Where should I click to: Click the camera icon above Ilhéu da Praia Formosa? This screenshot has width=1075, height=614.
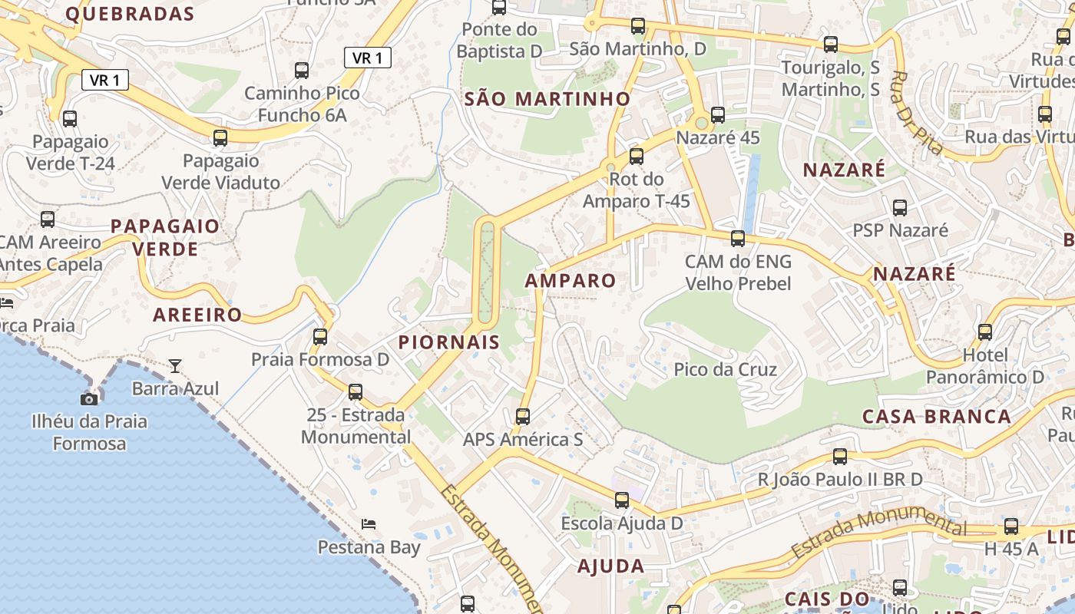(x=89, y=399)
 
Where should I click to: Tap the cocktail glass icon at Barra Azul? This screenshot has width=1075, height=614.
(x=175, y=366)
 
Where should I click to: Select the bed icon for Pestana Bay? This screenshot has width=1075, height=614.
(x=369, y=524)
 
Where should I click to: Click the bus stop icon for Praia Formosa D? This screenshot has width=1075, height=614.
(x=320, y=336)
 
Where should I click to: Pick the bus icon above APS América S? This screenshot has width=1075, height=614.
(x=523, y=417)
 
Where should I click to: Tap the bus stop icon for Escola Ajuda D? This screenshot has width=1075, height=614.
(x=622, y=500)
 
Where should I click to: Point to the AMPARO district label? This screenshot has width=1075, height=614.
(x=571, y=281)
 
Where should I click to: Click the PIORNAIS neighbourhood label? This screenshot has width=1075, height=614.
(x=449, y=342)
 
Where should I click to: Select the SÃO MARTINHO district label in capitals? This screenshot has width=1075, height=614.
(x=547, y=99)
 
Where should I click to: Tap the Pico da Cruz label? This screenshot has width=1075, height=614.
(x=725, y=370)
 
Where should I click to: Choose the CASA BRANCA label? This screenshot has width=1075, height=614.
(x=936, y=417)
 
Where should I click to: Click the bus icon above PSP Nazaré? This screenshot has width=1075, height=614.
(x=900, y=207)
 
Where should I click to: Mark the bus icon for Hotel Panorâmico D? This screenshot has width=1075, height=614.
(x=985, y=332)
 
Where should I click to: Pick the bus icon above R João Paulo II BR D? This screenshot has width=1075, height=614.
(x=840, y=457)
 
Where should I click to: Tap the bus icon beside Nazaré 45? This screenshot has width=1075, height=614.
(x=718, y=115)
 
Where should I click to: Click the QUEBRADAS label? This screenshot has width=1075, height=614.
(x=130, y=14)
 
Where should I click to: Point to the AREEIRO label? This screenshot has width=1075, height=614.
(x=197, y=315)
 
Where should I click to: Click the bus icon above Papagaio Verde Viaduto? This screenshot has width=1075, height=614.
(x=220, y=138)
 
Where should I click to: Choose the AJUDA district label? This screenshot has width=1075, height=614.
(x=610, y=566)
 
